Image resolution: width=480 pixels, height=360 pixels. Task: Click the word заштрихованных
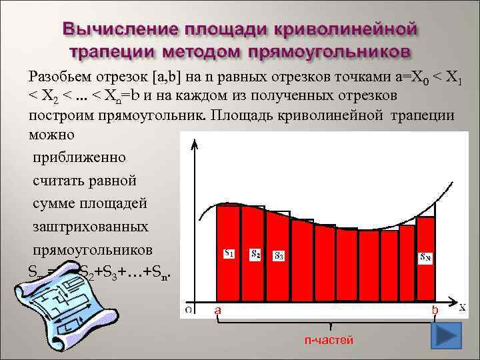[91, 227]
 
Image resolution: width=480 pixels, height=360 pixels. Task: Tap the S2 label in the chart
[255, 254]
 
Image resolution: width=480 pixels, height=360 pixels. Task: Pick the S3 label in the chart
[279, 256]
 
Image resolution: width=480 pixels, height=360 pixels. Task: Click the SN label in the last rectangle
[425, 256]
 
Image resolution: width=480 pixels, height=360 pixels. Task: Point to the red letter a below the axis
[217, 311]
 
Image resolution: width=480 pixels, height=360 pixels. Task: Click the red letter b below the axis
[435, 311]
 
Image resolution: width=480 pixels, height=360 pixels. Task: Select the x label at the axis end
[462, 307]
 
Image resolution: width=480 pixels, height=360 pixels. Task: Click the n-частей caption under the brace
[328, 340]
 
